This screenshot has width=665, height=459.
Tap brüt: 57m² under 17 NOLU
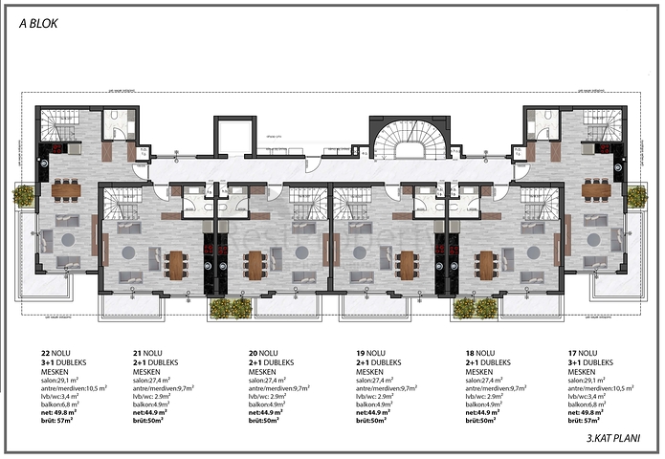584,420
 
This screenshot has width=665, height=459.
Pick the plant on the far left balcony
22,196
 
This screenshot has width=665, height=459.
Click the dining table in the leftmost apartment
67,189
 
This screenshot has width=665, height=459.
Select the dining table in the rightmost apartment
595,189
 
